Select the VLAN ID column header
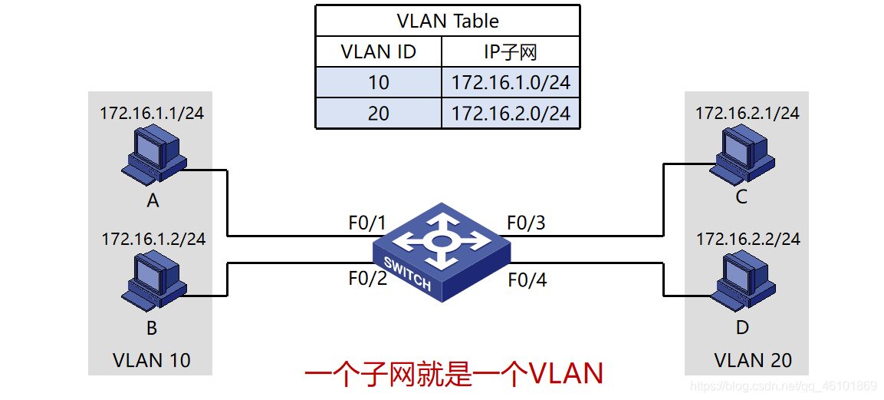pyautogui.click(x=378, y=52)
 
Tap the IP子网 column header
pyautogui.click(x=511, y=52)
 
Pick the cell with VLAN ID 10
pyautogui.click(x=378, y=82)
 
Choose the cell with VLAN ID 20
pyautogui.click(x=378, y=113)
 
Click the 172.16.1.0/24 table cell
pyautogui.click(x=511, y=82)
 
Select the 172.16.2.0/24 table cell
pyautogui.click(x=511, y=113)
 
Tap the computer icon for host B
pyautogui.click(x=153, y=282)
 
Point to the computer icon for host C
pyautogui.click(x=740, y=156)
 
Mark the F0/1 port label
pyautogui.click(x=366, y=223)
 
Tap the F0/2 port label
pyautogui.click(x=366, y=279)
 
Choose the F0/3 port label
pyautogui.click(x=527, y=223)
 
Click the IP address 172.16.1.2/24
pyautogui.click(x=153, y=239)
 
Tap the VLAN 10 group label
pyautogui.click(x=151, y=360)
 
